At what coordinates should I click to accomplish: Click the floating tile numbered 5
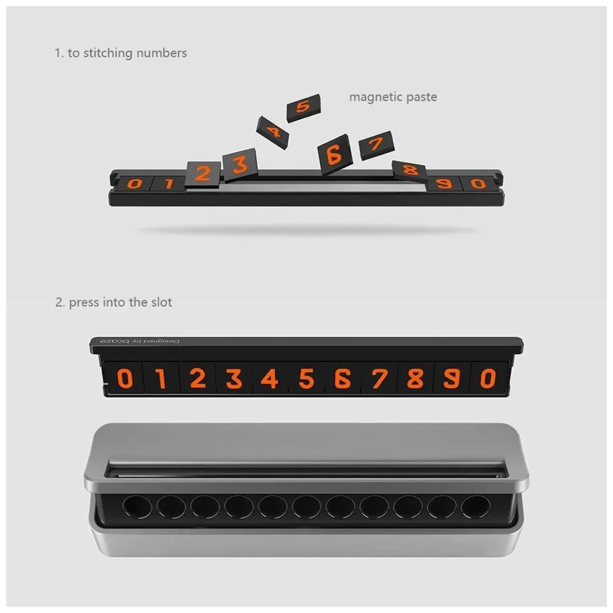point(303,108)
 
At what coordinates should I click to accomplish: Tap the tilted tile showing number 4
point(272,132)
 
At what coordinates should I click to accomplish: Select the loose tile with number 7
point(376,145)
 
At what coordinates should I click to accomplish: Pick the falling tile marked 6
point(335,154)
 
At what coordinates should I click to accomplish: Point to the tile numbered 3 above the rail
point(240,164)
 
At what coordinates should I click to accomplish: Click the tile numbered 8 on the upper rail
point(409,171)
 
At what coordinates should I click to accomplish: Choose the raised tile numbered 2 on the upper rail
point(202,173)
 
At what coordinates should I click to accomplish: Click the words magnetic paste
point(393,97)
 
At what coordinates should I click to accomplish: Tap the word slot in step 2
point(161,302)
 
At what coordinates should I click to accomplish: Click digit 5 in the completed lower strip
point(306,379)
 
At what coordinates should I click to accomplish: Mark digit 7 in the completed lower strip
point(379,379)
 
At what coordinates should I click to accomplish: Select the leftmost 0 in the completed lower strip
point(124,379)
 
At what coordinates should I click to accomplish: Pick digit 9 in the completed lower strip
point(452,379)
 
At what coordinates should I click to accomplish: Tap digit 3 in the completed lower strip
point(234,379)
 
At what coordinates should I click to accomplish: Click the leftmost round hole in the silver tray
point(137,506)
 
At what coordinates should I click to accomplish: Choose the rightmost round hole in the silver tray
point(476,506)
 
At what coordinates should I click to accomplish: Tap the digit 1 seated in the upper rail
point(168,183)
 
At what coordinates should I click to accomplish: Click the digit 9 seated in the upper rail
point(444,183)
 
